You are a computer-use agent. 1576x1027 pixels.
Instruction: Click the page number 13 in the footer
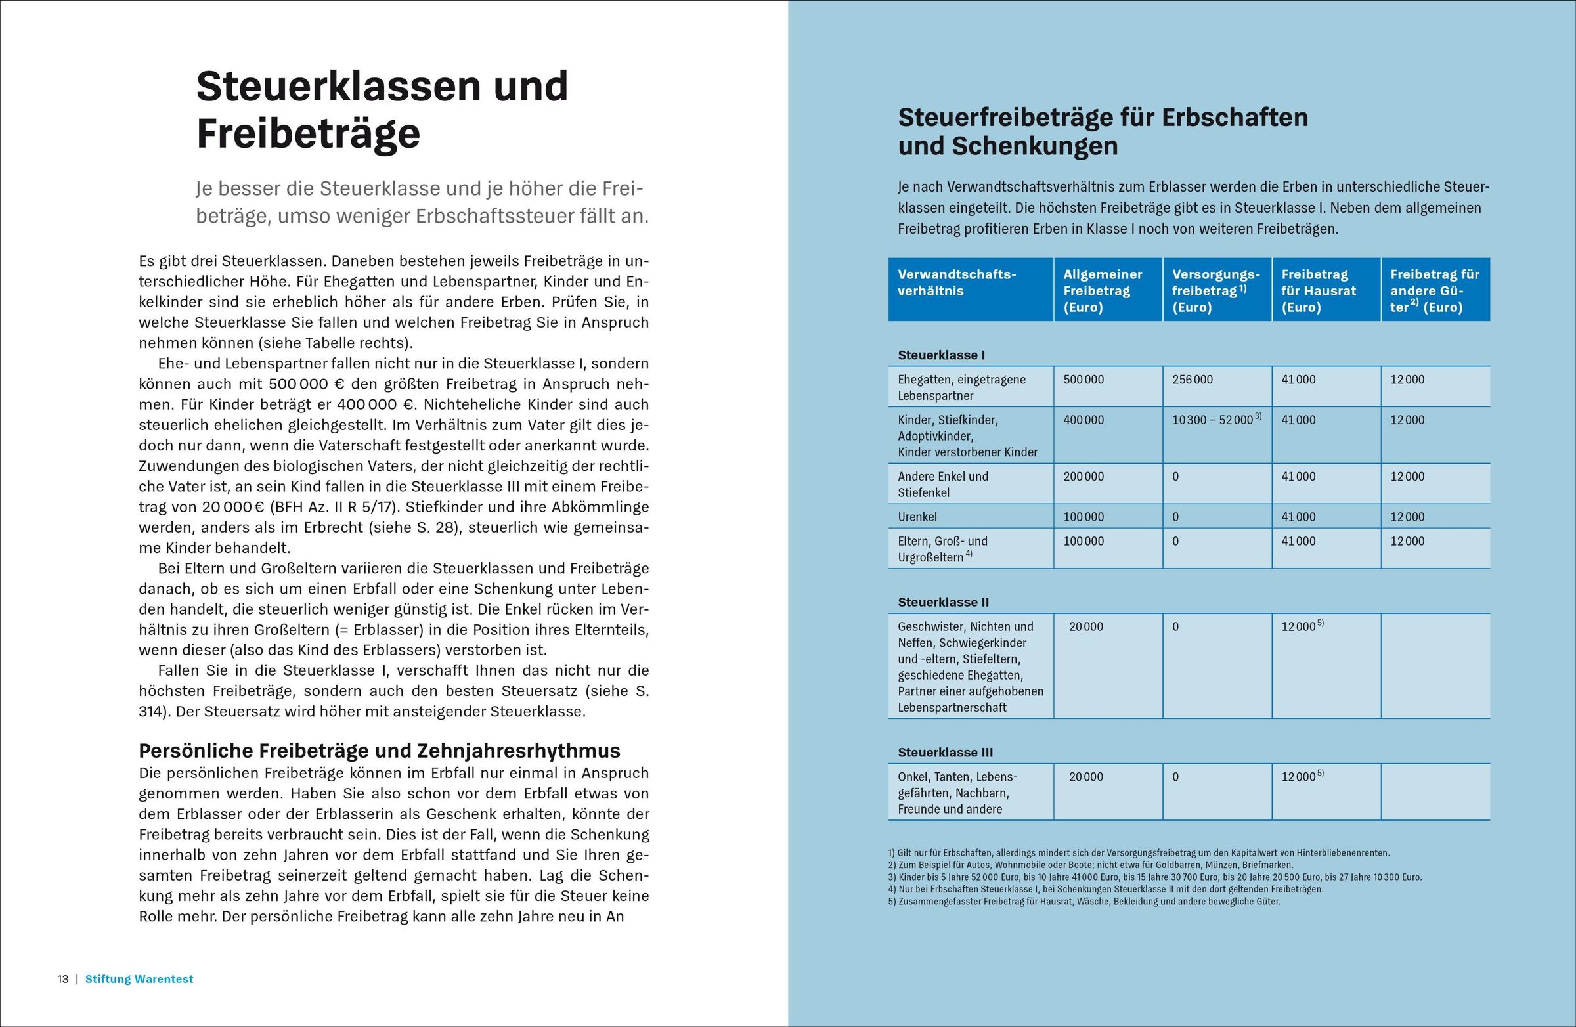tap(63, 978)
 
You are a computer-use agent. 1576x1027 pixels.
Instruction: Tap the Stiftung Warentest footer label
tap(139, 978)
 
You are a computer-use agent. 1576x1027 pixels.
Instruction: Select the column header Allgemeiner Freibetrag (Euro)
tap(1103, 290)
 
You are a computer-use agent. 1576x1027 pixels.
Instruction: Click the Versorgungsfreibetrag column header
tap(1215, 290)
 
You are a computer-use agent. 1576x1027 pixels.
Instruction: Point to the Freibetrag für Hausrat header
tap(1319, 290)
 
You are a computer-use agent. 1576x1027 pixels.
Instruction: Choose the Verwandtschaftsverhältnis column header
tap(956, 282)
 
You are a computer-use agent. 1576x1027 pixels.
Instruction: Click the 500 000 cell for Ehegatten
tap(1083, 380)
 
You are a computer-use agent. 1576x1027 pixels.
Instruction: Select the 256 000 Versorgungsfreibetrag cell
tap(1192, 380)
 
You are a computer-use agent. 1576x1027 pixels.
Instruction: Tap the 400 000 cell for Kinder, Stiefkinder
tap(1083, 420)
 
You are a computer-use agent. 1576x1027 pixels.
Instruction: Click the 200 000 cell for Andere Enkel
tap(1083, 477)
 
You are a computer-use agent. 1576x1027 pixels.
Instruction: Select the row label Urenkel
tap(917, 517)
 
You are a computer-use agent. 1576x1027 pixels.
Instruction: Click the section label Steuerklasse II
tap(943, 602)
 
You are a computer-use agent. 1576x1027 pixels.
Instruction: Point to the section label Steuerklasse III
tap(945, 753)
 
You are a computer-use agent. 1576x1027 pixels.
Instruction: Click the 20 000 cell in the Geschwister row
tap(1086, 626)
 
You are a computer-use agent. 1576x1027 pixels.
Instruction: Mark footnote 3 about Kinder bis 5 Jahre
tap(1154, 877)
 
